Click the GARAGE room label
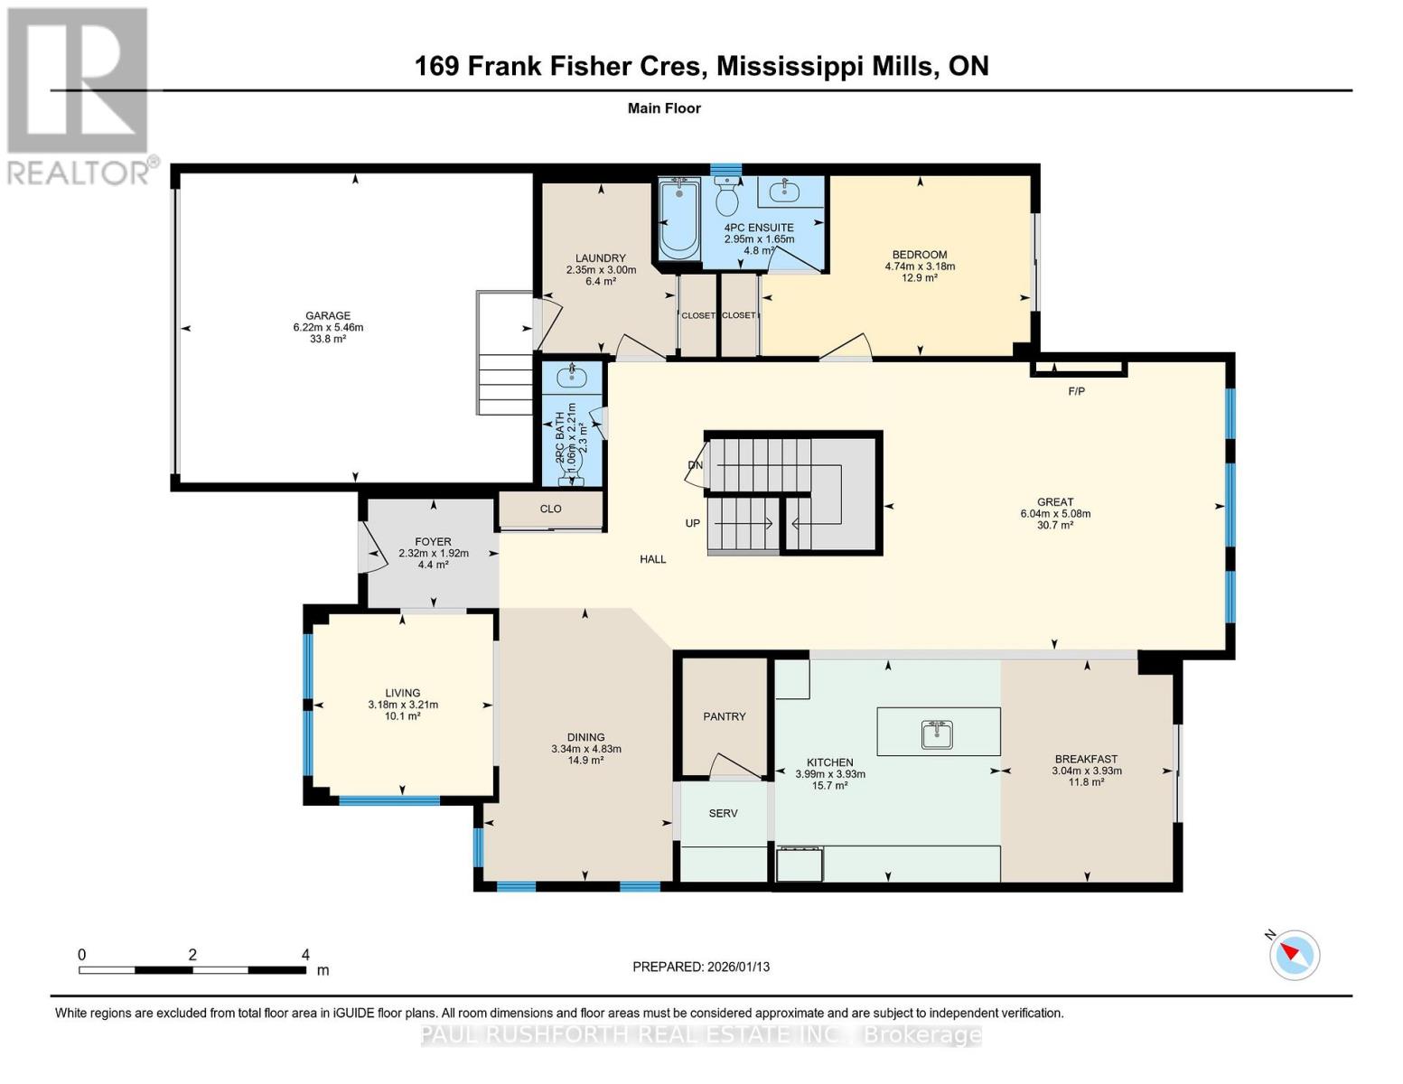pos(328,316)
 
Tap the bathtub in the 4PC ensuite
pos(678,220)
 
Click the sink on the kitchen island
pos(938,734)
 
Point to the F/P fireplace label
pos(1076,391)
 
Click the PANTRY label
pos(725,716)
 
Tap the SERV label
pos(723,813)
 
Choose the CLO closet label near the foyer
pos(551,509)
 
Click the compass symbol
pos(1295,955)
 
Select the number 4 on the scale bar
pos(306,955)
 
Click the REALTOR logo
pos(80,95)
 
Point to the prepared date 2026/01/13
pos(736,967)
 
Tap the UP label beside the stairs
pos(692,523)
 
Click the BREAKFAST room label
pos(1086,759)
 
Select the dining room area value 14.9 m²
pos(585,761)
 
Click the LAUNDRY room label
pos(601,258)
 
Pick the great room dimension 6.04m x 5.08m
pos(1055,514)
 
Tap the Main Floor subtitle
pos(664,108)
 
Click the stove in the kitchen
pos(800,864)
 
